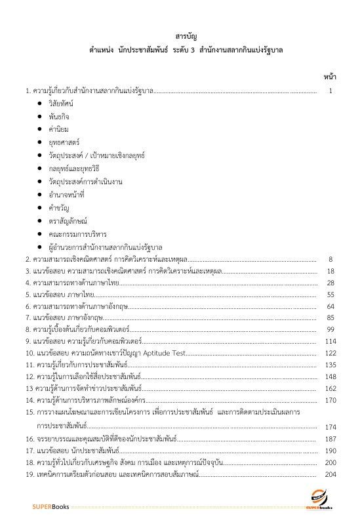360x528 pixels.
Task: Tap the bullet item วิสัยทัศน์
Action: (x=61, y=104)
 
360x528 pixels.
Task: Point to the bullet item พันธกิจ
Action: (x=59, y=117)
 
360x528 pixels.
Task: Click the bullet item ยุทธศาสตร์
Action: (x=64, y=142)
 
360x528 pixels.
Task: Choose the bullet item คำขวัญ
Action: (x=58, y=206)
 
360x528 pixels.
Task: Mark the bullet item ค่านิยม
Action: (x=58, y=130)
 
